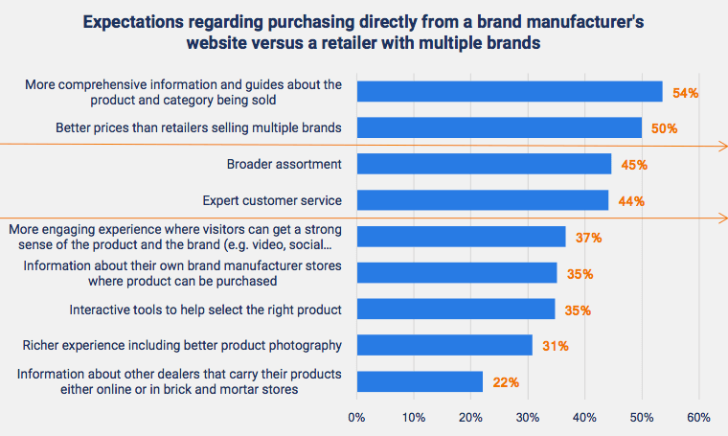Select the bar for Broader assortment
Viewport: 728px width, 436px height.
point(484,164)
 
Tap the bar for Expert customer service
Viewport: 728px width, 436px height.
point(482,200)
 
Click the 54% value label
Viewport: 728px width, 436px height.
point(686,93)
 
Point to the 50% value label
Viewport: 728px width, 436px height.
point(665,128)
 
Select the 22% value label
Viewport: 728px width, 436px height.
point(506,382)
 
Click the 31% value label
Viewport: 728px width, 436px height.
point(556,346)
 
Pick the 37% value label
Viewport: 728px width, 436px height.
point(589,237)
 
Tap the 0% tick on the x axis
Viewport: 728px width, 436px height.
point(356,418)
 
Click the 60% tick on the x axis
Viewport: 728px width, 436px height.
point(698,418)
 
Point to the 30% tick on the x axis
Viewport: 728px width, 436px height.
point(527,418)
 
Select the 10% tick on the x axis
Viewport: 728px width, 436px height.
point(413,418)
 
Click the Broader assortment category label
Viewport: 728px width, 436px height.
point(284,164)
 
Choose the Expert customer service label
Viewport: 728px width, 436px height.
point(272,200)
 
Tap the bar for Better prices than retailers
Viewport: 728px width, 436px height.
point(499,127)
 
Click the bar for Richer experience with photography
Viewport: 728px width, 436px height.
point(444,345)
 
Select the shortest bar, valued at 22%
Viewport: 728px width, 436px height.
point(420,381)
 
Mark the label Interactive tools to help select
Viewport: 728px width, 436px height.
point(205,310)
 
